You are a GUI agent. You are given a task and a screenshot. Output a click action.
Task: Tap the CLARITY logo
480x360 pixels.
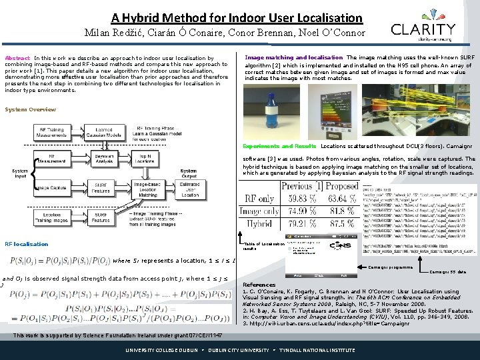coord(423,31)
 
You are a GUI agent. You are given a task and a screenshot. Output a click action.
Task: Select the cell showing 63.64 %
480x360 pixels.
coord(341,199)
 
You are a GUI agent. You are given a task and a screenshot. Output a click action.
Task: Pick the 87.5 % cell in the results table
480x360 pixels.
coord(343,225)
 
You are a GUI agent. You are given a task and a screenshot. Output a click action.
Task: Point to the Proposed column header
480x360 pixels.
coord(341,186)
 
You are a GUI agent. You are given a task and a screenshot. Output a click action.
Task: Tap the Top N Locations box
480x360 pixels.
coord(145,159)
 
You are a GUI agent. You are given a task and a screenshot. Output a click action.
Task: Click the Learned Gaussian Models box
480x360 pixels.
coord(104,133)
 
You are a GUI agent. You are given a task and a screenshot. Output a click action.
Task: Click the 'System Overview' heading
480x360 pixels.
coord(30,110)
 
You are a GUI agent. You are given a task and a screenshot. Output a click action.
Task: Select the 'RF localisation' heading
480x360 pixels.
coord(26,244)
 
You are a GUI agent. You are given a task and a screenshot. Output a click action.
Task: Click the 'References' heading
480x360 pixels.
coord(259,285)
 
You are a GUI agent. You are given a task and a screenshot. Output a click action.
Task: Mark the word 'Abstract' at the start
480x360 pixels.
coord(17,59)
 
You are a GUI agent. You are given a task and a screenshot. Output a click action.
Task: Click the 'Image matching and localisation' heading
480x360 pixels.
coord(293,58)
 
